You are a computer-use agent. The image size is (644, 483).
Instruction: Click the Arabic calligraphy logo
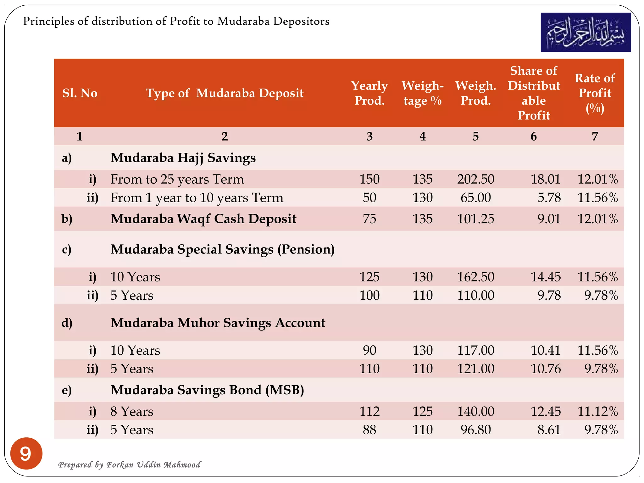(x=586, y=32)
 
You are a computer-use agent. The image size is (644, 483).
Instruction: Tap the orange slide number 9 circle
(x=26, y=453)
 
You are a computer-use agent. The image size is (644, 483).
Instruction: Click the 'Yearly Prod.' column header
(x=369, y=93)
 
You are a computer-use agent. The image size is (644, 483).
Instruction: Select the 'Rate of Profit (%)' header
(x=595, y=93)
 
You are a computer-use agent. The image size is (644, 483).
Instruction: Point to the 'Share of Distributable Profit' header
(x=534, y=93)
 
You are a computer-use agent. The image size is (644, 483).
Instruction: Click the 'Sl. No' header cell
(x=80, y=93)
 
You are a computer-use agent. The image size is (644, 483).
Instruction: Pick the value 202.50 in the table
(x=475, y=179)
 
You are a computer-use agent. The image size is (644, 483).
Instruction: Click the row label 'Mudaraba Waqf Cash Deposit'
(x=203, y=219)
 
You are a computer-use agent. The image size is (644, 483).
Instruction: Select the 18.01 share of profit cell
(x=545, y=179)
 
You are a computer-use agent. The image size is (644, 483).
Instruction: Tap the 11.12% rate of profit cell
(x=597, y=411)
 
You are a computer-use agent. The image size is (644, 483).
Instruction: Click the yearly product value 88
(x=369, y=430)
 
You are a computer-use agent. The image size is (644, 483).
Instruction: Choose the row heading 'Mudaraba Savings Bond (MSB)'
(x=207, y=390)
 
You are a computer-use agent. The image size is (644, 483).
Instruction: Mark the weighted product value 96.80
(x=475, y=430)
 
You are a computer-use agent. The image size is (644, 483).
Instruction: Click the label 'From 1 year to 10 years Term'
(x=197, y=198)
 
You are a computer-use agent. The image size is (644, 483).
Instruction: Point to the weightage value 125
(x=422, y=411)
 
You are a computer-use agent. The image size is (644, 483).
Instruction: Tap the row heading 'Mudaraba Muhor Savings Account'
(x=218, y=323)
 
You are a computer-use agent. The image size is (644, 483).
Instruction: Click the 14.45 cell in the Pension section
(x=545, y=277)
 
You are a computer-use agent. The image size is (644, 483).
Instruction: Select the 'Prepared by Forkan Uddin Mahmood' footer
(x=129, y=464)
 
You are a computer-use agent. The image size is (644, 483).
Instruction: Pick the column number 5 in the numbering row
(x=475, y=136)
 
